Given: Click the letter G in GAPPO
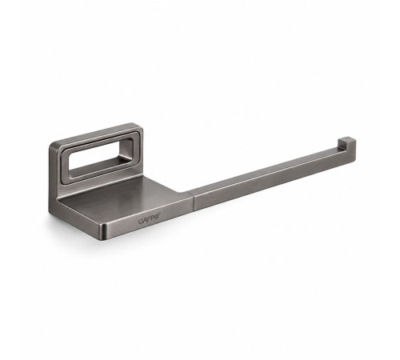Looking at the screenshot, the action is [x=140, y=222].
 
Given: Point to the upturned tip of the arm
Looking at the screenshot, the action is [x=346, y=143].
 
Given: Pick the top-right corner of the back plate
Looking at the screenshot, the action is [x=139, y=126].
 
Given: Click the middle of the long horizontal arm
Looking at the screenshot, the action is [x=266, y=176].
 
